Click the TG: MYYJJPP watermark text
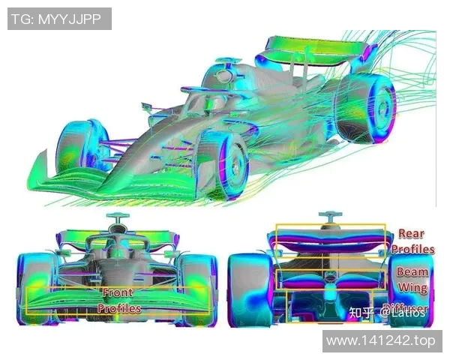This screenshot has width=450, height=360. (59, 18)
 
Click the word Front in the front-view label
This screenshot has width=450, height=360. (118, 292)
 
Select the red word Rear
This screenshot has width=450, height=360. (411, 234)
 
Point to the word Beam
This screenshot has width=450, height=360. (412, 271)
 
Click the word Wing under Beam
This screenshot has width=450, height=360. (412, 288)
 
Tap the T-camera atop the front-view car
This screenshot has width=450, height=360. (115, 219)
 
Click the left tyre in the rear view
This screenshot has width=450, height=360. (247, 289)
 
